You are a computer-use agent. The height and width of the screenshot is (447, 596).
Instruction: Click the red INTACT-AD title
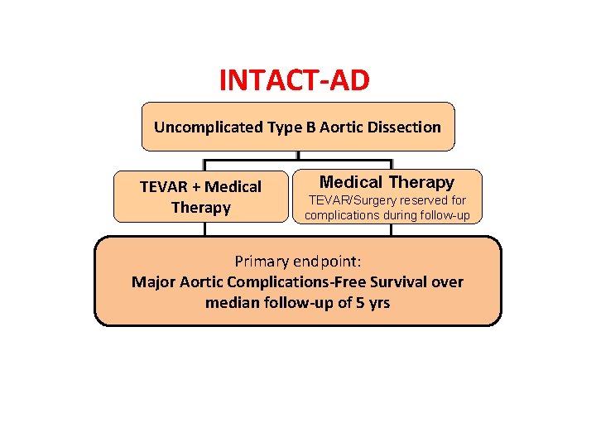(295, 80)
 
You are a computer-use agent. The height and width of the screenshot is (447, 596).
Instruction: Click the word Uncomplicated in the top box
(195, 127)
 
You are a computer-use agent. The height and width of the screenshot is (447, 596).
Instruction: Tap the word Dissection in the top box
(404, 127)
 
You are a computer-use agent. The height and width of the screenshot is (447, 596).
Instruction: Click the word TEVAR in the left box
(162, 187)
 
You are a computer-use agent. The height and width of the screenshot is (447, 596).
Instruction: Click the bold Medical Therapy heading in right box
(387, 182)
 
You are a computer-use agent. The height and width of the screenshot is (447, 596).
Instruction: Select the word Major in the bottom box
(153, 281)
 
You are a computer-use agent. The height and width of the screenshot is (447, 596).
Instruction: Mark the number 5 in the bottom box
(358, 302)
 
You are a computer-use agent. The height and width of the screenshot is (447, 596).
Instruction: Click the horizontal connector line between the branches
(248, 161)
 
